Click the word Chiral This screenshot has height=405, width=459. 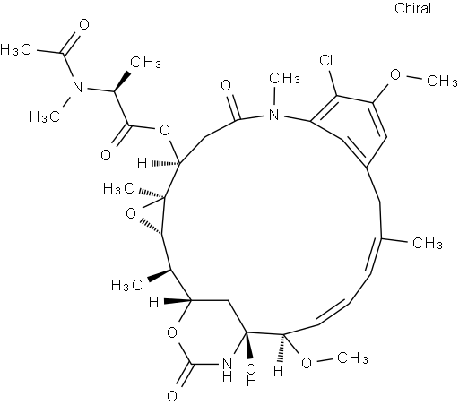[412, 8]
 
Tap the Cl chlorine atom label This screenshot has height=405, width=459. [326, 60]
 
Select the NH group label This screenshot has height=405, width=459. [227, 370]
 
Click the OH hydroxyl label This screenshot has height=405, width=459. [251, 375]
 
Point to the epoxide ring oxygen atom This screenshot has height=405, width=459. [131, 214]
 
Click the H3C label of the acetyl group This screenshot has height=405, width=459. [15, 49]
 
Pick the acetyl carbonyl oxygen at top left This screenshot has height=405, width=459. [84, 25]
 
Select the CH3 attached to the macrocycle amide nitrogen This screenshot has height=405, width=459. [284, 79]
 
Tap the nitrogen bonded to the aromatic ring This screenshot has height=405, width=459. [273, 115]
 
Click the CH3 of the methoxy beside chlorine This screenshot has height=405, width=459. [442, 81]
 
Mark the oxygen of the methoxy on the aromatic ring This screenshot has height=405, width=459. [395, 74]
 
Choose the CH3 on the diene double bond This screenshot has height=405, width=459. [428, 243]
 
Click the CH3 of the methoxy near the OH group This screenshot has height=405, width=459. [352, 358]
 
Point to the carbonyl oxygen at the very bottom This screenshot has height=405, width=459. [172, 396]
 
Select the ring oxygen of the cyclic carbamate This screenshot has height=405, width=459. [172, 332]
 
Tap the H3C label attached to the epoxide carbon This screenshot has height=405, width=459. [118, 189]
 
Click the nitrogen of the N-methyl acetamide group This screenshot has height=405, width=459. [78, 87]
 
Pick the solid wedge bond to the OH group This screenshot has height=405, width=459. [249, 345]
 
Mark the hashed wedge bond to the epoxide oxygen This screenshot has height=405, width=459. [151, 227]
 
